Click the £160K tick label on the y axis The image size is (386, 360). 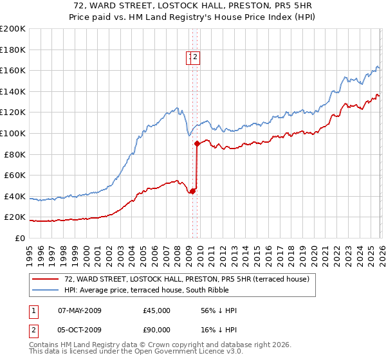[x=13, y=70]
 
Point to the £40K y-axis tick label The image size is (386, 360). [x=15, y=196]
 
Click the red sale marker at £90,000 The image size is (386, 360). [x=197, y=144]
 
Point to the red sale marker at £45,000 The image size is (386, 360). [x=192, y=191]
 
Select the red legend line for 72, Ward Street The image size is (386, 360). [x=46, y=279]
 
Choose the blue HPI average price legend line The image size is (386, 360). [x=46, y=289]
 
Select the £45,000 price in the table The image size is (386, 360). [x=157, y=310]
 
